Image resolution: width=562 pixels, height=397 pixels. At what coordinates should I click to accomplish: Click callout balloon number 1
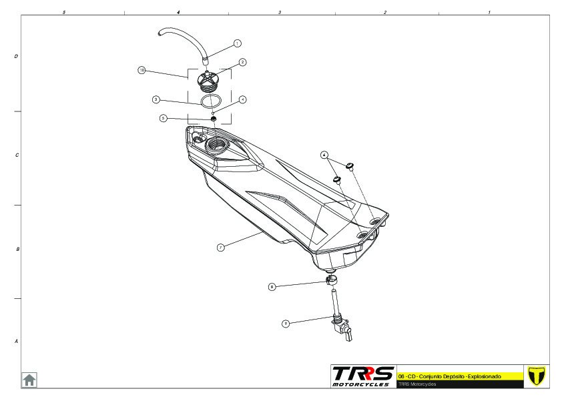click(x=237, y=43)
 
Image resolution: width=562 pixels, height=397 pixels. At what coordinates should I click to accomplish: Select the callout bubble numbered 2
click(x=243, y=62)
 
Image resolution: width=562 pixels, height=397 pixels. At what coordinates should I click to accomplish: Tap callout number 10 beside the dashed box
click(x=142, y=70)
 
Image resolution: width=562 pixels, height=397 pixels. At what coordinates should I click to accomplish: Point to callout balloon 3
click(x=156, y=99)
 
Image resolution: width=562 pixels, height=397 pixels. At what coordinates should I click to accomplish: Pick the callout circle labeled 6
click(x=324, y=154)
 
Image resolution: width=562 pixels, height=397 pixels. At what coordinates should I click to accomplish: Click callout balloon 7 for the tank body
click(x=220, y=247)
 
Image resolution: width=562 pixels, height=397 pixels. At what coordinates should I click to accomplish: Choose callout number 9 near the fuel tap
click(x=286, y=323)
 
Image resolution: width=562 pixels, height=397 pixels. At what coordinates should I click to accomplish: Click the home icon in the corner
click(x=30, y=380)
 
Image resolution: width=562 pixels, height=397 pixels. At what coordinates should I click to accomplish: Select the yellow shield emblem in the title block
click(x=536, y=376)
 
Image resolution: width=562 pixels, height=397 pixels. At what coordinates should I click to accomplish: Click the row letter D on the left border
click(x=16, y=57)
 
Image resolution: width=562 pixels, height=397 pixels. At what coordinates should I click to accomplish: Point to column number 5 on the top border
click(x=63, y=12)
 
